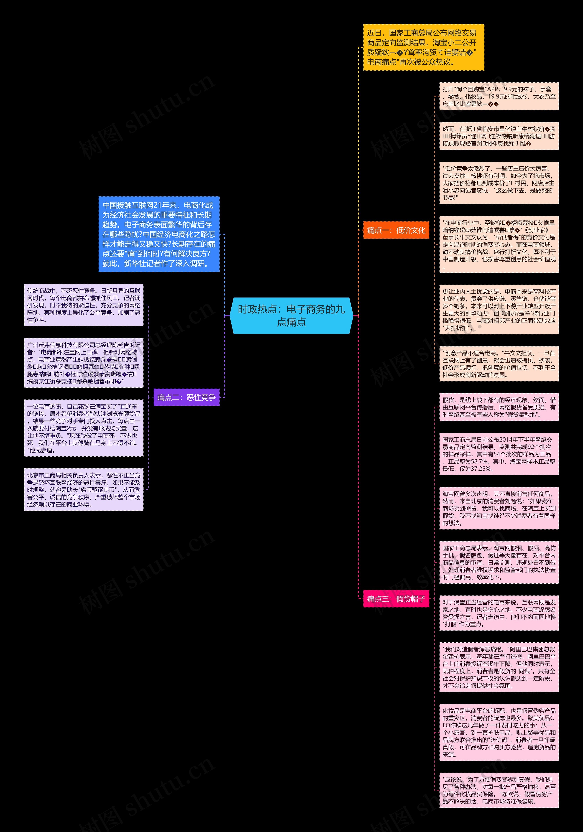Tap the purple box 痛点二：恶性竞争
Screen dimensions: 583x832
tap(186, 397)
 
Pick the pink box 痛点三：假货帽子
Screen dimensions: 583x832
tap(396, 599)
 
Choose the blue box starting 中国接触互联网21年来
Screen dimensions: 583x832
tap(159, 234)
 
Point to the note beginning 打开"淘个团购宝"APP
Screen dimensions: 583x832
tap(499, 96)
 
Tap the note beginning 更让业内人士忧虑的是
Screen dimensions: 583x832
tap(499, 309)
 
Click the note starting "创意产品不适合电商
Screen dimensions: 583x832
tap(499, 364)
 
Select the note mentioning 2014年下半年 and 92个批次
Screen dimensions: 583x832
tap(499, 454)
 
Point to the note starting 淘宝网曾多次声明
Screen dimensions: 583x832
tap(499, 508)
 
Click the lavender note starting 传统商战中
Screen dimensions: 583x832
tap(84, 305)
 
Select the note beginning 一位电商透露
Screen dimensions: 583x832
tap(84, 428)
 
